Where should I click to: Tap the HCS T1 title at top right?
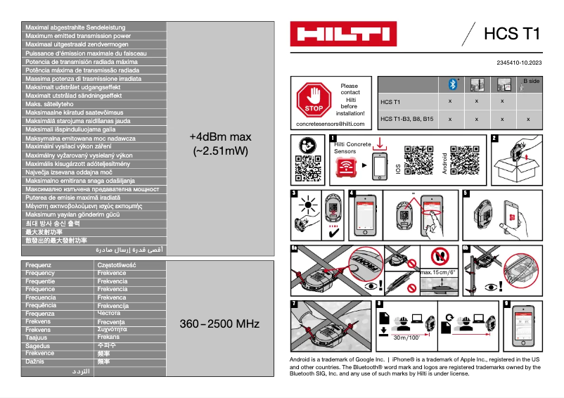[511, 34]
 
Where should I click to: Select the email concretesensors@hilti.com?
[331, 124]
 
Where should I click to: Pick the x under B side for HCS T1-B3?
[528, 119]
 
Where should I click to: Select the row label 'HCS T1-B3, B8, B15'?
[406, 119]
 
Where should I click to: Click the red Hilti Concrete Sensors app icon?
[345, 167]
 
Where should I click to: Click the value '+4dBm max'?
[220, 136]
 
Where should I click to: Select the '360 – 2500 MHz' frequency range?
[219, 324]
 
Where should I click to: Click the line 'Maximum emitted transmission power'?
[78, 35]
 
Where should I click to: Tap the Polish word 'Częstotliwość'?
[117, 265]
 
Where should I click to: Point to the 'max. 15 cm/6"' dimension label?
[437, 272]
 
